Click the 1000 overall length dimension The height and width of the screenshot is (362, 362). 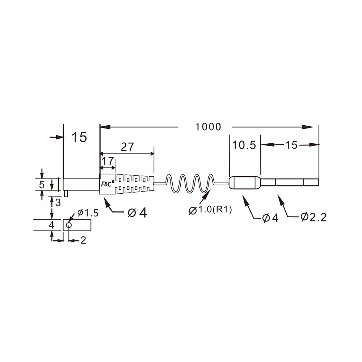(208, 127)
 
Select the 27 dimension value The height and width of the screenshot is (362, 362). (127, 147)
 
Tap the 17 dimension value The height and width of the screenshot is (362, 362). (108, 161)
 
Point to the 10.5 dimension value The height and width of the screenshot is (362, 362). (244, 146)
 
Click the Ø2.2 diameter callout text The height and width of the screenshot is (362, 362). (313, 217)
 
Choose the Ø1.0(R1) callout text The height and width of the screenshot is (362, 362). (210, 210)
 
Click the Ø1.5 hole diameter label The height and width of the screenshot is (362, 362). (87, 213)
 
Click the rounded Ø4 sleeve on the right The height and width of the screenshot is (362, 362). (245, 183)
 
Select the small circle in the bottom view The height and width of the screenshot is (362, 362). (69, 225)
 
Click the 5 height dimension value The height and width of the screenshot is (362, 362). (42, 185)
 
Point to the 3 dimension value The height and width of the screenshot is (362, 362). (58, 202)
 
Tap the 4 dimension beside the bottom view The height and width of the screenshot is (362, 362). (51, 225)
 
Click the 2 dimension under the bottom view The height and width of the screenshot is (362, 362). (83, 240)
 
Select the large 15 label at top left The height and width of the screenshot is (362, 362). (79, 138)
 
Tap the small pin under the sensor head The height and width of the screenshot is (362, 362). (66, 194)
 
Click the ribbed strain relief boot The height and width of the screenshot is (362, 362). (135, 184)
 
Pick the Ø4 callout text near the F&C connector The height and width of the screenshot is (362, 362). (138, 213)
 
